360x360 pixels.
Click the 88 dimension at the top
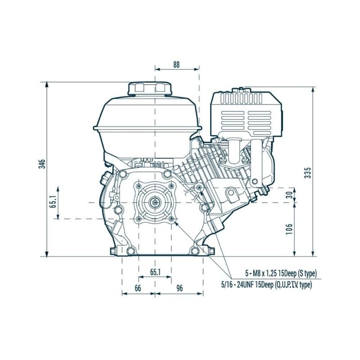click(x=176, y=64)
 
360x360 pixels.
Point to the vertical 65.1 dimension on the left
click(x=53, y=203)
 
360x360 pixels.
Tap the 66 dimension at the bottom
click(x=138, y=289)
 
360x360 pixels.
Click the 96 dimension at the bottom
click(x=179, y=289)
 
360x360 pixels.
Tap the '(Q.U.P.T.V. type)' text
click(x=292, y=284)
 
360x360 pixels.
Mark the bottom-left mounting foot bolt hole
click(x=130, y=251)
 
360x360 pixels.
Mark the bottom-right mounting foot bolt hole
click(x=194, y=251)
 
